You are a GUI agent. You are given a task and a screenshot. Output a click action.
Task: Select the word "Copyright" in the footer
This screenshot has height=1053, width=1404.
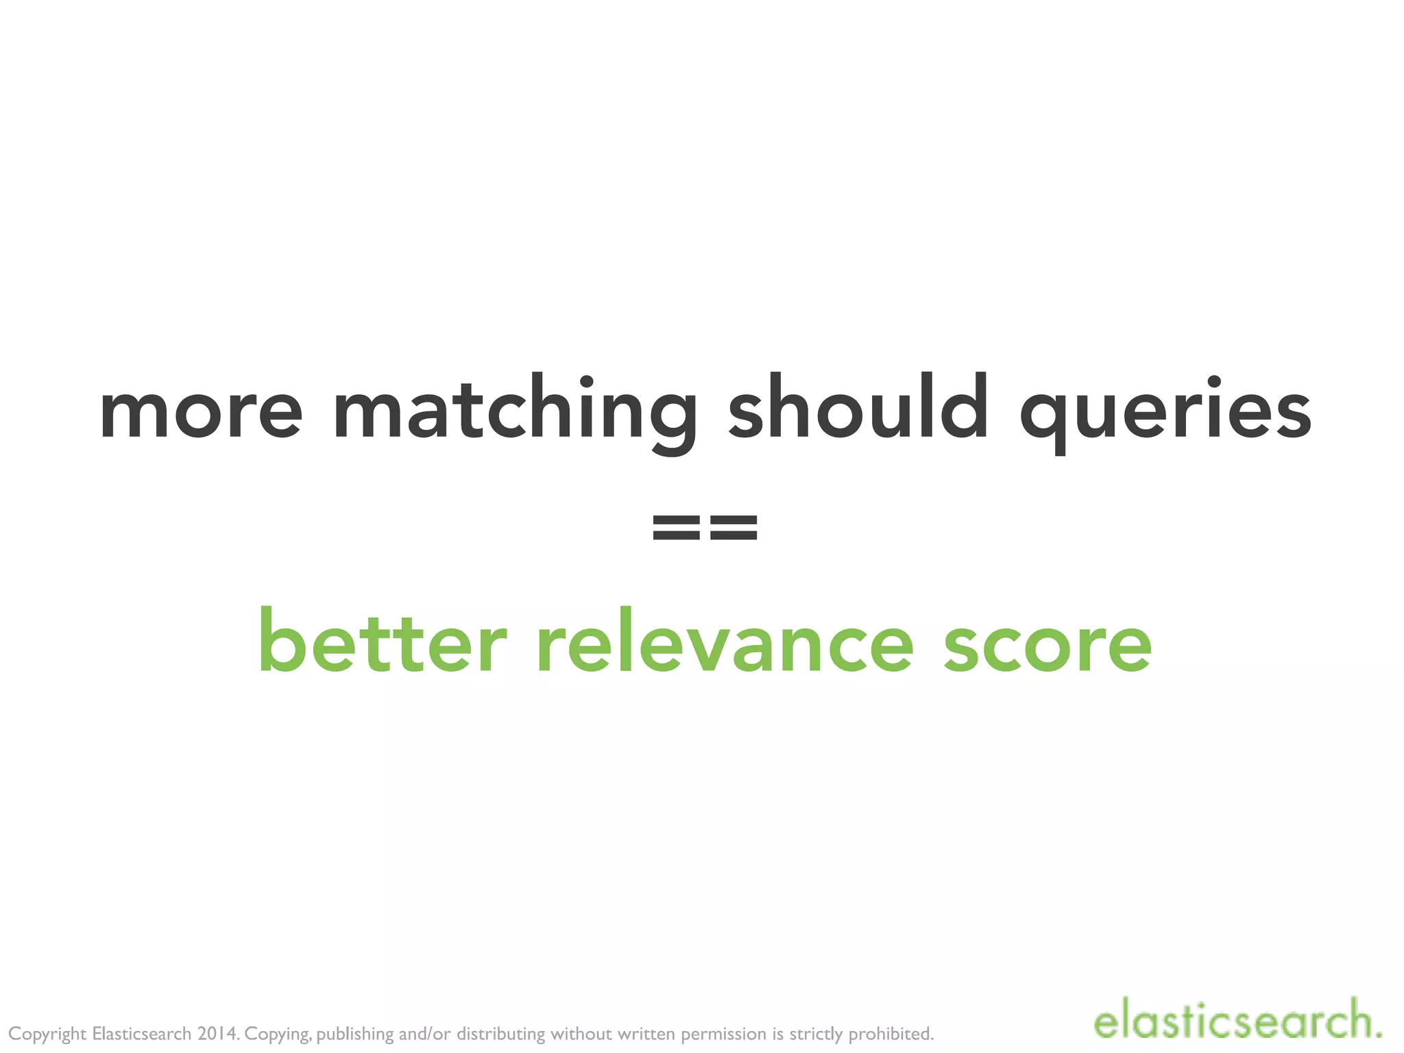click(x=47, y=1034)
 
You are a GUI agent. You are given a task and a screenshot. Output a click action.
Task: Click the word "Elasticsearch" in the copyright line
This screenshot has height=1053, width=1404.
click(x=141, y=1033)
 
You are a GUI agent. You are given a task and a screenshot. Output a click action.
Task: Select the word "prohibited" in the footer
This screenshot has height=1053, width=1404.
click(x=891, y=1033)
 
